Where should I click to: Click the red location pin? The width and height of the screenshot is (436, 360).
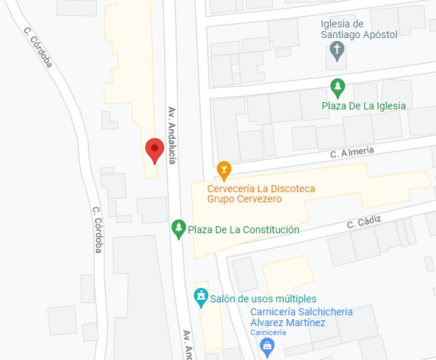pyautogui.click(x=154, y=150)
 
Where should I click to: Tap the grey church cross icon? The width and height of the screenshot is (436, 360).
pyautogui.click(x=336, y=50)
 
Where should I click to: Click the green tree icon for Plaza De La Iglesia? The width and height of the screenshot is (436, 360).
pyautogui.click(x=337, y=88)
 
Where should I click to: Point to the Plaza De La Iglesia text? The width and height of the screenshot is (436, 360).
pyautogui.click(x=363, y=106)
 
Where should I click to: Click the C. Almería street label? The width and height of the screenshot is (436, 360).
pyautogui.click(x=352, y=152)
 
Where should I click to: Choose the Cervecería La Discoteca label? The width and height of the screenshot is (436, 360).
pyautogui.click(x=261, y=189)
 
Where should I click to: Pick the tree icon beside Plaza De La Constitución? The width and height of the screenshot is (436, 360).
pyautogui.click(x=178, y=229)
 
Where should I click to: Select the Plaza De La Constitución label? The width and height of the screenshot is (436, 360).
pyautogui.click(x=243, y=230)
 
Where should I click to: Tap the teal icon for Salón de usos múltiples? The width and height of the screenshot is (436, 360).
pyautogui.click(x=201, y=297)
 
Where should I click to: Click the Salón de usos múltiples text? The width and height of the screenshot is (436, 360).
pyautogui.click(x=263, y=299)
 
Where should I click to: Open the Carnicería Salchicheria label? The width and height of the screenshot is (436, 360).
pyautogui.click(x=301, y=311)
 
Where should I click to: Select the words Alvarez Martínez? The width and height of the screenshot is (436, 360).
pyautogui.click(x=287, y=323)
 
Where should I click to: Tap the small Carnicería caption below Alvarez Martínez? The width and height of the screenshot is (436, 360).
pyautogui.click(x=268, y=332)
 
